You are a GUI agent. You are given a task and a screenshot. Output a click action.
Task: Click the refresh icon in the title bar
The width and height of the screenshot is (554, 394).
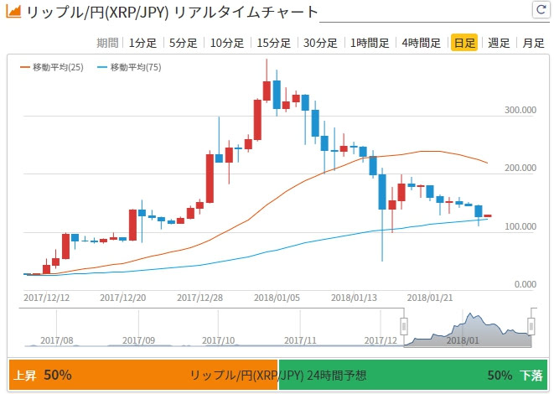coord(540,10)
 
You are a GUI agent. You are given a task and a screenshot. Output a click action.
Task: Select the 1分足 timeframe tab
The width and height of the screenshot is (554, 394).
coord(142,43)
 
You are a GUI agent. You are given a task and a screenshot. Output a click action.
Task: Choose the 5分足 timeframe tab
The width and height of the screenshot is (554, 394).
coord(184,43)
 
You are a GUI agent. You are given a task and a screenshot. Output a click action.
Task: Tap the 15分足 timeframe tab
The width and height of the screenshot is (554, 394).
coord(274,43)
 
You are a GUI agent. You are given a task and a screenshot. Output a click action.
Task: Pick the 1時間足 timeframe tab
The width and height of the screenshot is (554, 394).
coord(370,43)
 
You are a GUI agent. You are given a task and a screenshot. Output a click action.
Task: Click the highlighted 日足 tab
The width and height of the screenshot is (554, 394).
coord(463,43)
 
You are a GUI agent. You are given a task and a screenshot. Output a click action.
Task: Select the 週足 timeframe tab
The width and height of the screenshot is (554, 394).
coord(499,43)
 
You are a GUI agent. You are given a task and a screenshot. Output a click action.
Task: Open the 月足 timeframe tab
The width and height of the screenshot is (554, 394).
coord(532,43)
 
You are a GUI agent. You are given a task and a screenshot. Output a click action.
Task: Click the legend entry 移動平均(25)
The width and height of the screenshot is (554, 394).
coord(51,67)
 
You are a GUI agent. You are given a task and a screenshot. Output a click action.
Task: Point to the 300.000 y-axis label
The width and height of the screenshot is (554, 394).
coord(520,110)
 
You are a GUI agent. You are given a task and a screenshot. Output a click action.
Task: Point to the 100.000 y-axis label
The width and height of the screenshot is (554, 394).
coord(520,226)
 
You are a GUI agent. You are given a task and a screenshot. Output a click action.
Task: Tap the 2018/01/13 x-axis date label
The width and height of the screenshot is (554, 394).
coord(353,297)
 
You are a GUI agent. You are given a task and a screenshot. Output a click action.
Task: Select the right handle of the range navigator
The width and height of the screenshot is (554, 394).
coord(531,326)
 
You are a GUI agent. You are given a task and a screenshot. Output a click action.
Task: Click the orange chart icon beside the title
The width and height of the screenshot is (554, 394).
coord(13,13)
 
